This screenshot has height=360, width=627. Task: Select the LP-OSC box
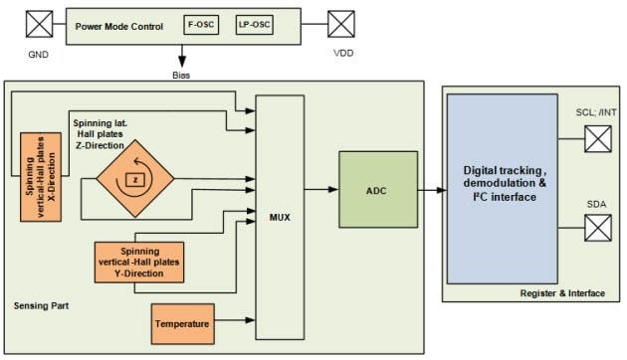coord(254,22)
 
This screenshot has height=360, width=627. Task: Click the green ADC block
coord(375,188)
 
